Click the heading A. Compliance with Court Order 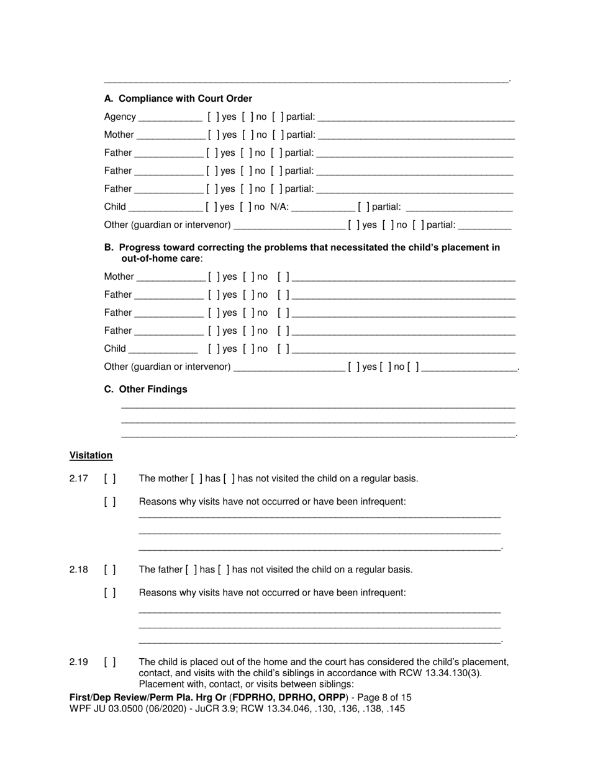pos(178,99)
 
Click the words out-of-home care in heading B pos(161,258)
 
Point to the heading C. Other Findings pos(145,390)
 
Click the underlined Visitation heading pos(91,455)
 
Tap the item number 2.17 pos(79,478)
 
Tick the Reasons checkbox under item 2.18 pos(110,592)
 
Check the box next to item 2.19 pos(110,662)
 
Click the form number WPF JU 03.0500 pos(108,708)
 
